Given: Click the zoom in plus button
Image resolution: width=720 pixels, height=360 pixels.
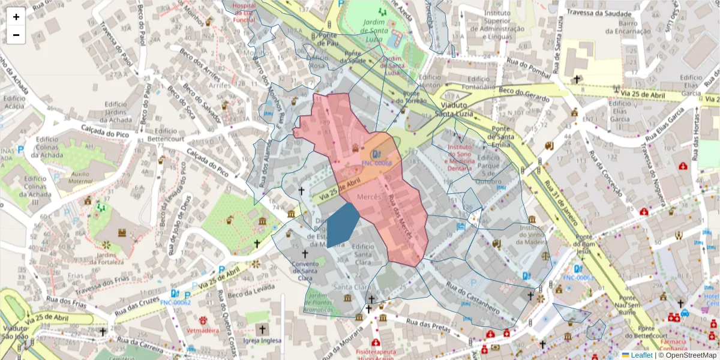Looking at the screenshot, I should (16, 17).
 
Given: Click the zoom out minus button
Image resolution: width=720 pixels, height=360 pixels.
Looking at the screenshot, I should (16, 35).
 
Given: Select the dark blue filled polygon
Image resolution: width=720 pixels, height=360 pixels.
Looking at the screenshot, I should (341, 225).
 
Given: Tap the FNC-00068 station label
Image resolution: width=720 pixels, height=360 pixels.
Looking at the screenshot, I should (376, 163).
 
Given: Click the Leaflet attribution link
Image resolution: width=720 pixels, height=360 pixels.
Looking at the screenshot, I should (641, 355).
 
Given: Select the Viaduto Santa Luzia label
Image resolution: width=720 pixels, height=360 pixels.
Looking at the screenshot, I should (453, 109).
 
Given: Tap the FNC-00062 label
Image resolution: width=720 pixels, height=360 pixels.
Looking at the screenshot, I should (175, 302).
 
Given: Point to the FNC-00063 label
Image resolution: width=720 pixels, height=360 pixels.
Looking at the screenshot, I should (578, 278).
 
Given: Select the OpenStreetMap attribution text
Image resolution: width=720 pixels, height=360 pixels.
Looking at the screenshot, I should (688, 355).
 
